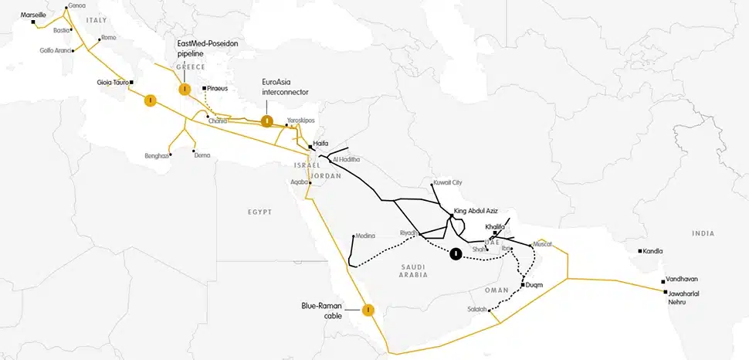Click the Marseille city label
pyautogui.click(x=33, y=15)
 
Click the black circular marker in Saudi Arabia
pyautogui.click(x=456, y=253)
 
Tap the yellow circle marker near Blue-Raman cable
pyautogui.click(x=368, y=310)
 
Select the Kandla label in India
pyautogui.click(x=655, y=251)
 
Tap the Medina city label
pyautogui.click(x=365, y=236)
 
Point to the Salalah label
pyautogui.click(x=477, y=310)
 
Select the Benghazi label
pyautogui.click(x=157, y=155)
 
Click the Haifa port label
pyautogui.click(x=321, y=144)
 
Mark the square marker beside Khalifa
pyautogui.click(x=496, y=233)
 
